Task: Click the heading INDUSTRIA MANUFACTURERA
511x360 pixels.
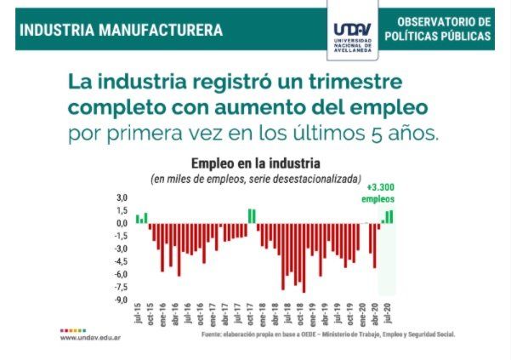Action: pyautogui.click(x=121, y=31)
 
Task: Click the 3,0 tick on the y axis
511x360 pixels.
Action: pyautogui.click(x=122, y=198)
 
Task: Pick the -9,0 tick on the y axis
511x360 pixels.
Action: pyautogui.click(x=122, y=300)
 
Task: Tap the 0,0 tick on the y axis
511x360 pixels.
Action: pyautogui.click(x=122, y=224)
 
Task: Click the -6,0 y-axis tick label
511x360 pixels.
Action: pyautogui.click(x=122, y=274)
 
